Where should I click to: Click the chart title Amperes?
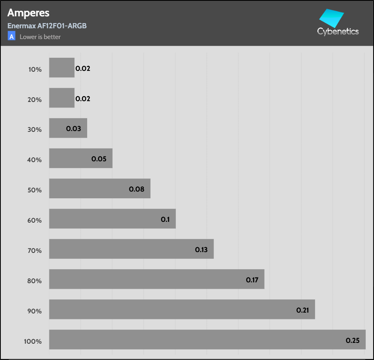tap(28, 13)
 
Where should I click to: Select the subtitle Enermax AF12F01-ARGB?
tap(47, 26)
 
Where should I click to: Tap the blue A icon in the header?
tap(12, 37)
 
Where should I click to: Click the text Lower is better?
tap(40, 37)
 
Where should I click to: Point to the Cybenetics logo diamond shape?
tap(332, 18)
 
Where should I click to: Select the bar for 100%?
tap(207, 340)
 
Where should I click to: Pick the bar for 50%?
tap(99, 188)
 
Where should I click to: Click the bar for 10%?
tap(62, 68)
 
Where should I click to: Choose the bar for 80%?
tap(156, 279)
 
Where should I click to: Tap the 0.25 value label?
tap(353, 340)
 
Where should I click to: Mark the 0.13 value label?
tap(201, 250)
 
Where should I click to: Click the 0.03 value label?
tap(74, 129)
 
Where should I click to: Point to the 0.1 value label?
tap(165, 219)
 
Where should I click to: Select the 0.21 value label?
tap(303, 310)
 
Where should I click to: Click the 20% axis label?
tap(35, 100)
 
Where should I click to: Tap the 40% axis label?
tap(35, 160)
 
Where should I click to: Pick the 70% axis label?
tap(35, 250)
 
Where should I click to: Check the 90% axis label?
tap(35, 311)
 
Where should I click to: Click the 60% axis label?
tap(35, 220)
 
